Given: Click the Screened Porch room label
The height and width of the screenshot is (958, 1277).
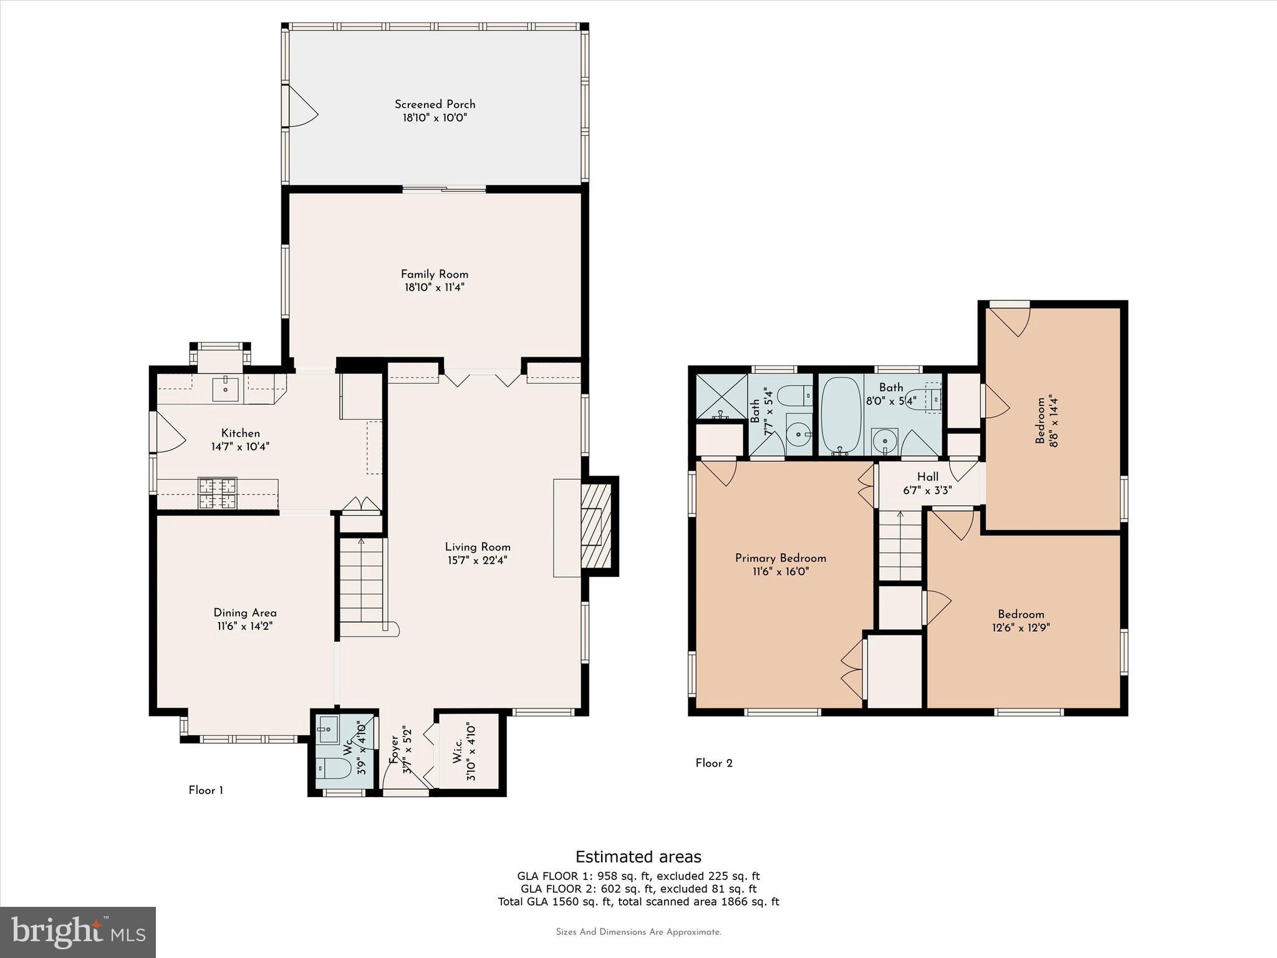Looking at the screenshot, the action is click(x=435, y=104).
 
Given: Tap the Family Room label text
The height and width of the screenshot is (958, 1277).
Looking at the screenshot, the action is click(x=435, y=274).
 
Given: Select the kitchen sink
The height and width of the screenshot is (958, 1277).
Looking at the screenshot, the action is click(x=226, y=389).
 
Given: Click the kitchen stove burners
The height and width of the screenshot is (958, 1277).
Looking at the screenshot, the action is click(x=218, y=493).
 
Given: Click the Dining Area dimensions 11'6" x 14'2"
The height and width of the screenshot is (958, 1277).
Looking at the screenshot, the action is click(x=245, y=626).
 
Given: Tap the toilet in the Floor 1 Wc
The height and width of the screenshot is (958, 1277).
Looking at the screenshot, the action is click(x=334, y=768).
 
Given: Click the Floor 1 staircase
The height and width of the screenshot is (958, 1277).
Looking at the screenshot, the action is click(x=362, y=579).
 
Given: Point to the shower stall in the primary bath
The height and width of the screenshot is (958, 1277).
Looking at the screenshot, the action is click(x=721, y=397).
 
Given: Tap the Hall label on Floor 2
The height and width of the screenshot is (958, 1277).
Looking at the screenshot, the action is click(x=928, y=477).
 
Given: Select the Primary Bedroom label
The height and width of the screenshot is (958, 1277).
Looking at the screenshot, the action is click(x=781, y=558).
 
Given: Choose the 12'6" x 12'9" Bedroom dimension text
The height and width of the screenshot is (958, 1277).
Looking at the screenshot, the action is click(x=1021, y=627).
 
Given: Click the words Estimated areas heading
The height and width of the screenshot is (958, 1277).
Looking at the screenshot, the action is click(x=638, y=856).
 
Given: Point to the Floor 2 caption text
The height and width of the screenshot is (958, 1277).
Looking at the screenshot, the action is click(x=714, y=763).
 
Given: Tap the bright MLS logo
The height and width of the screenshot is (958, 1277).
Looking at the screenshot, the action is click(x=78, y=932).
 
